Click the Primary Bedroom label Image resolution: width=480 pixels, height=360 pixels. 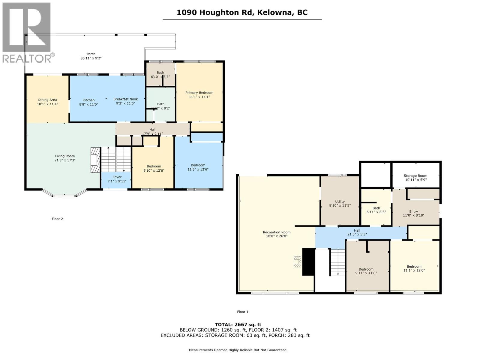[199, 93]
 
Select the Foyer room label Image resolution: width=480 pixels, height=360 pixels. [117, 177]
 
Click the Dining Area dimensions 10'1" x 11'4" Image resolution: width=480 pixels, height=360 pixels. [47, 104]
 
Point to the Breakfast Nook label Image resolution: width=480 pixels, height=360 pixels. [125, 99]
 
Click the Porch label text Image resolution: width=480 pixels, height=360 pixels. [91, 54]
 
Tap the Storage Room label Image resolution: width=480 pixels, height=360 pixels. [415, 176]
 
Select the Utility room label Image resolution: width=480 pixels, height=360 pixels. [340, 202]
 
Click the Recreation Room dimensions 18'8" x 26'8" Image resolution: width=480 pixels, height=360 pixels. [277, 236]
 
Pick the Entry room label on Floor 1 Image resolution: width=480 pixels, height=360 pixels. [413, 211]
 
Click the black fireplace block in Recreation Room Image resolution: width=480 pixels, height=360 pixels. [308, 262]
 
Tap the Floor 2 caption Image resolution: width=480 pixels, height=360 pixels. [57, 219]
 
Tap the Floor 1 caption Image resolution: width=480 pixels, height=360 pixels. [243, 312]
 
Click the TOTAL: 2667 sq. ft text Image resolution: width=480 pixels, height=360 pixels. [238, 324]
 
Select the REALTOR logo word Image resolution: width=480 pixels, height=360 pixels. [27, 58]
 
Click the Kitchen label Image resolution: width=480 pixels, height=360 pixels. [88, 100]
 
